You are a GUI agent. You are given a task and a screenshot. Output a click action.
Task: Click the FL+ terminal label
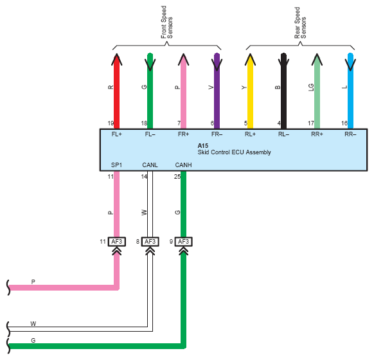pos(117,134)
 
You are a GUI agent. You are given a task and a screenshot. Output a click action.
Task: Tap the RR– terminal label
pos(350,134)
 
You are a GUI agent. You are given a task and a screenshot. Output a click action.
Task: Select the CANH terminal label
pos(183,165)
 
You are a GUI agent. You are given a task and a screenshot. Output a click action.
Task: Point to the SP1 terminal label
pos(117,165)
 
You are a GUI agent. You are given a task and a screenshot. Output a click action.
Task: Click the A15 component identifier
pos(202,145)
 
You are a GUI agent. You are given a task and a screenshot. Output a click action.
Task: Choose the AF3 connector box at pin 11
pos(117,242)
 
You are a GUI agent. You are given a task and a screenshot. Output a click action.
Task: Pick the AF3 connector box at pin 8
pos(150,242)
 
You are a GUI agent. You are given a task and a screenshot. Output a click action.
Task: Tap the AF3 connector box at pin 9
pos(183,242)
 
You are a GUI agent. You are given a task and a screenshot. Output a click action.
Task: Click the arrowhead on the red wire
pos(117,59)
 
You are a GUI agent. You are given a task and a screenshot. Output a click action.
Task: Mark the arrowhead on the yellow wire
pos(250,59)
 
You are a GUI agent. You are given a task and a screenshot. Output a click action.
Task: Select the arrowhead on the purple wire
pos(217,65)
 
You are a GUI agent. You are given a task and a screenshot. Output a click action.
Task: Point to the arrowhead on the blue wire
pos(350,65)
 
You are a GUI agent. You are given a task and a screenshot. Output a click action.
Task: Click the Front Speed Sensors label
pos(166,22)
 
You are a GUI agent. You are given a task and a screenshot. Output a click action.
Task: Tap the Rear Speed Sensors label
pos(300,22)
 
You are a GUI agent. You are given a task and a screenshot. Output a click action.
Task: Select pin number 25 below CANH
pos(177,177)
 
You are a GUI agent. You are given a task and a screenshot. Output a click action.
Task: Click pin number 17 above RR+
pos(311,123)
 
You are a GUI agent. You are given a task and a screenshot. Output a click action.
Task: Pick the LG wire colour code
pos(311,87)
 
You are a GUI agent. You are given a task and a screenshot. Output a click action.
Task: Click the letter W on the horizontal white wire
pos(33,324)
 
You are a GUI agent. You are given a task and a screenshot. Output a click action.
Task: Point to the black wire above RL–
pos(283,91)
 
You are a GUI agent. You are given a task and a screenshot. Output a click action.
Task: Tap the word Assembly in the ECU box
pos(258,152)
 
